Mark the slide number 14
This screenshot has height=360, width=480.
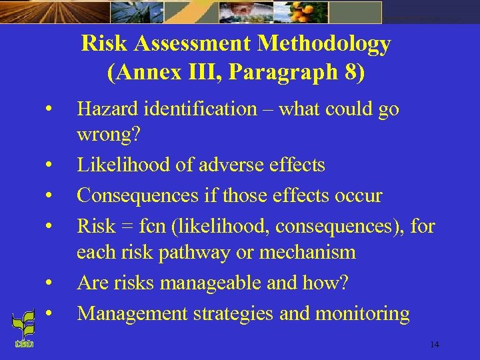434,345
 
